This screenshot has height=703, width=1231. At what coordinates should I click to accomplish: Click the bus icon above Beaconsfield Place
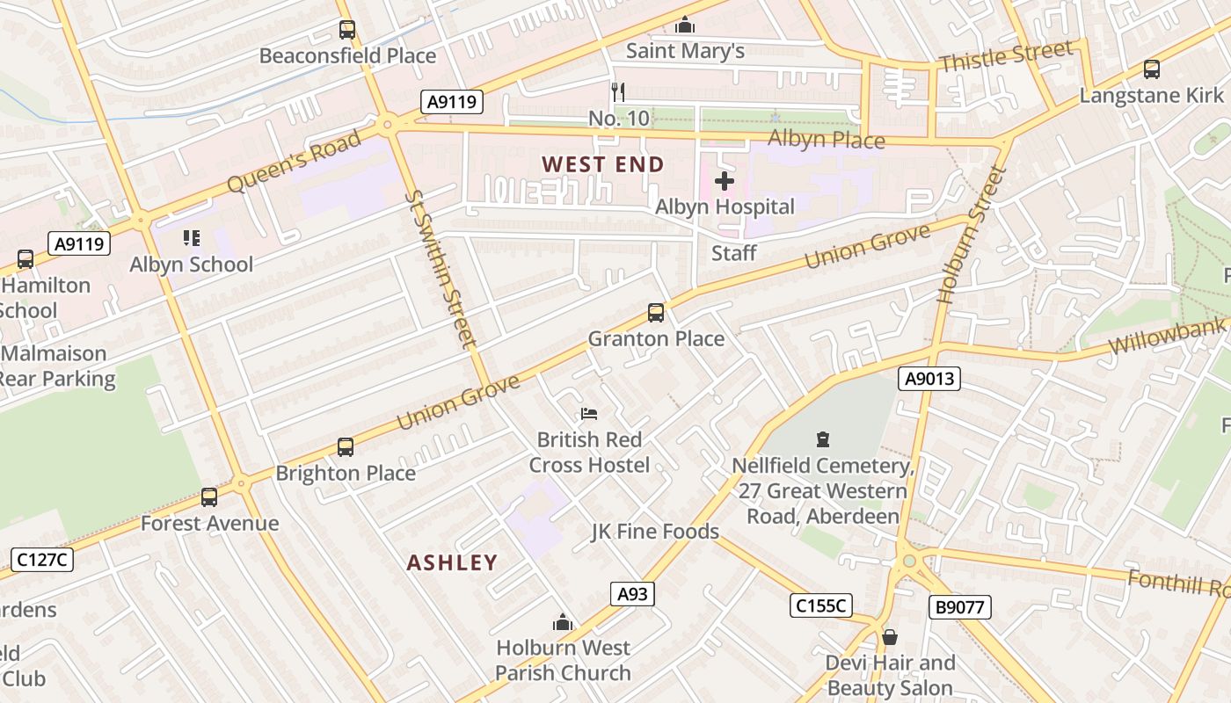(347, 30)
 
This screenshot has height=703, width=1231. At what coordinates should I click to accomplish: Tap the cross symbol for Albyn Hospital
(725, 182)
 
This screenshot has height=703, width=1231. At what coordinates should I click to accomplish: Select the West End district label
(603, 164)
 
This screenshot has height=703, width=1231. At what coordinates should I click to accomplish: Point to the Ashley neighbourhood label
(452, 562)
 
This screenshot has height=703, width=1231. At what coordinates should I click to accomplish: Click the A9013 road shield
(929, 379)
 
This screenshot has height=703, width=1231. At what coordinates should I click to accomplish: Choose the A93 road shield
(632, 594)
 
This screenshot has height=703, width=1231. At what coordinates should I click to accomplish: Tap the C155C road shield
(820, 605)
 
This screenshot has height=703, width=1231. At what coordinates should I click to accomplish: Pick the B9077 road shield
(959, 606)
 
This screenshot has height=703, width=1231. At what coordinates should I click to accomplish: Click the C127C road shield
(42, 559)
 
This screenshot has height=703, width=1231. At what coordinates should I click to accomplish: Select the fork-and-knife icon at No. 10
(618, 91)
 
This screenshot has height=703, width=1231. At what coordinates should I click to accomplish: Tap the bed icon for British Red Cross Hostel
(589, 413)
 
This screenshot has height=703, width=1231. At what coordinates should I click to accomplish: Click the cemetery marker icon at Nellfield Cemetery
(823, 438)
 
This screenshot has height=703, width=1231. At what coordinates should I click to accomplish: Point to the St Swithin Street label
(441, 268)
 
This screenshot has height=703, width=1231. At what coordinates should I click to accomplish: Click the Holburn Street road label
(970, 236)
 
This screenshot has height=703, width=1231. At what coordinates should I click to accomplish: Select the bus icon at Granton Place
(655, 312)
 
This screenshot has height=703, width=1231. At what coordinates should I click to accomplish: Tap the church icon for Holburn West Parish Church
(563, 623)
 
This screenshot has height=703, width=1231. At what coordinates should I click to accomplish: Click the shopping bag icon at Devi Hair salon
(890, 636)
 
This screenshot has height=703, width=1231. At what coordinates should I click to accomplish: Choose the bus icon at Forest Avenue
(209, 497)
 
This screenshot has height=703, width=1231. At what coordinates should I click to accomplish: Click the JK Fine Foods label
(655, 532)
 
